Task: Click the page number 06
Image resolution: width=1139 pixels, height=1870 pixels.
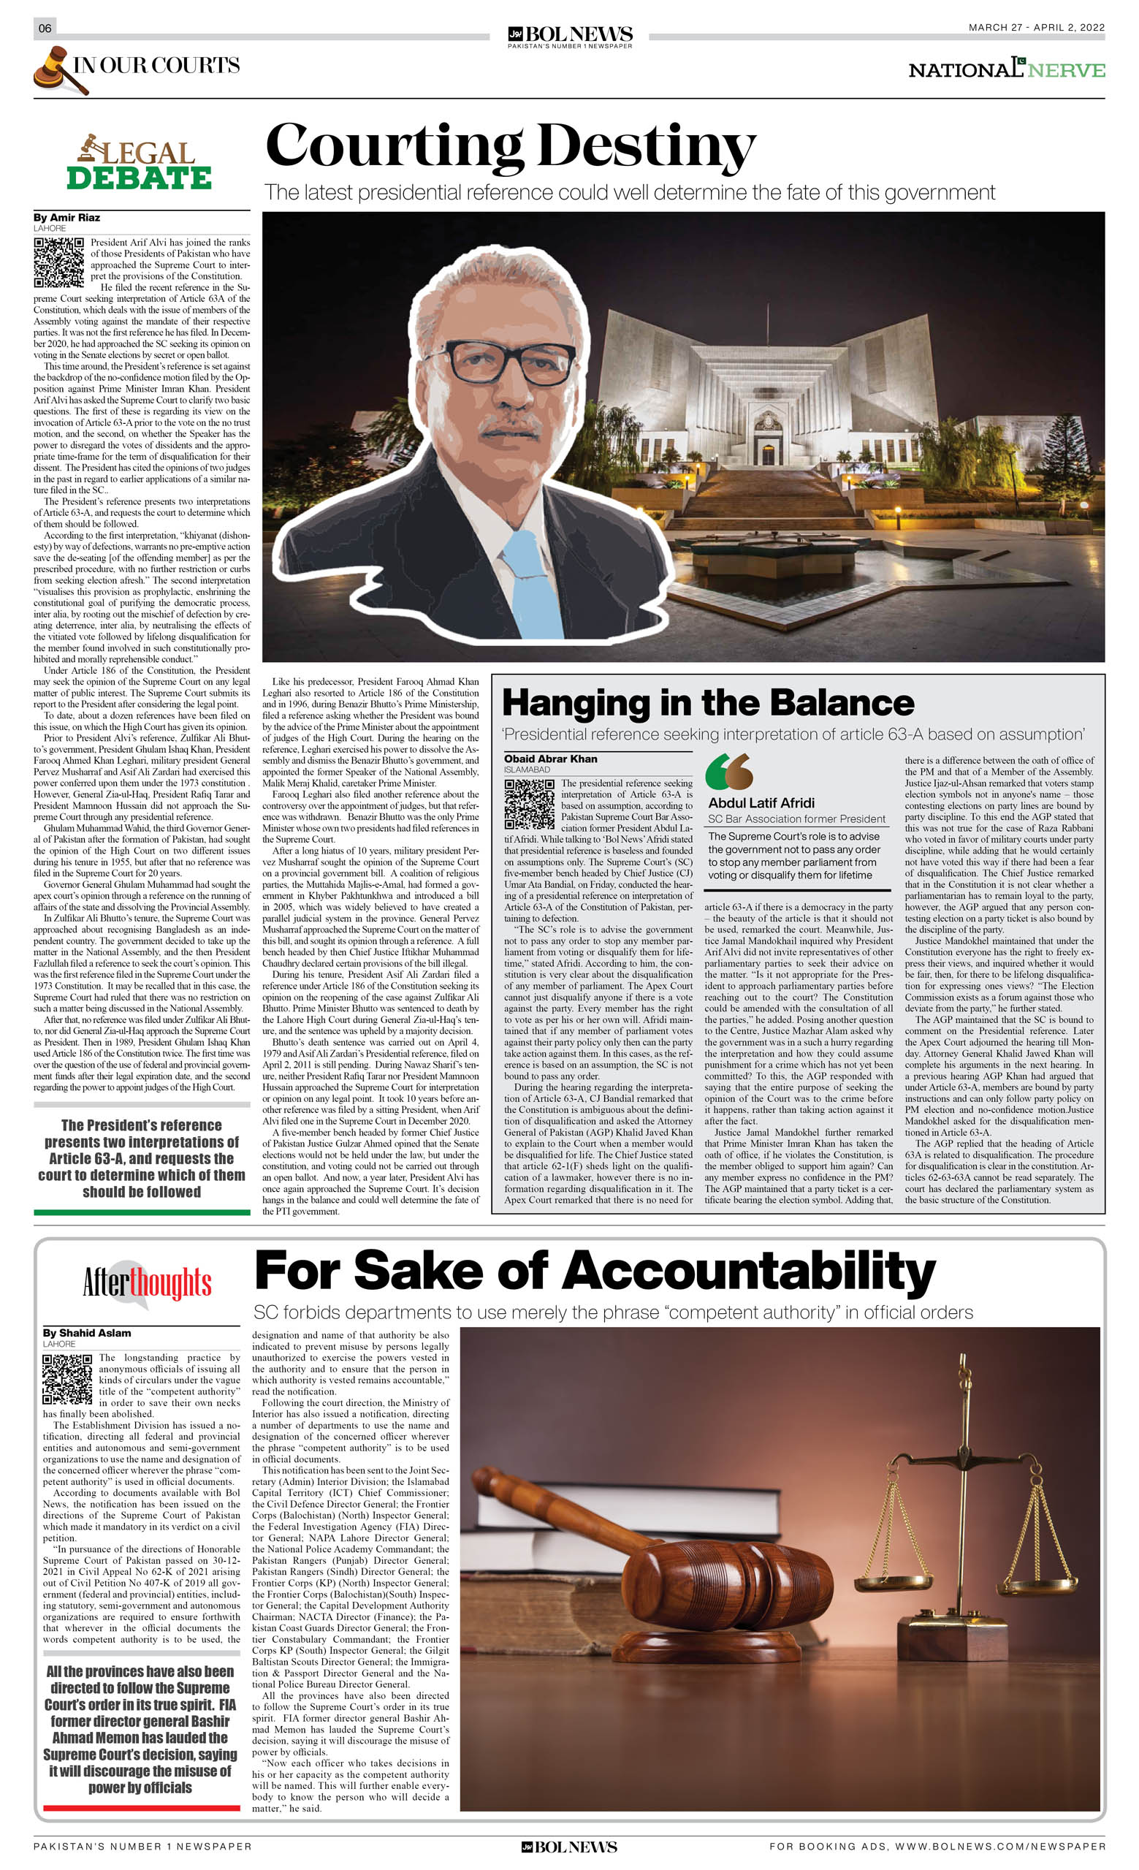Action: point(45,28)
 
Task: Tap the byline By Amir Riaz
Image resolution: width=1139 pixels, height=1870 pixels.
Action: point(66,218)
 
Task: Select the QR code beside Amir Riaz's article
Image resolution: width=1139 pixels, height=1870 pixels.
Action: point(58,262)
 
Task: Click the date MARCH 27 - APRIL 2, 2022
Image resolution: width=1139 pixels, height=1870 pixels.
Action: point(1036,27)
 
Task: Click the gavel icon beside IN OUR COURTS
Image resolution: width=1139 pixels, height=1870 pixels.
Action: point(58,70)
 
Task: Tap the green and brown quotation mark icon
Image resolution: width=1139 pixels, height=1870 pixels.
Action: point(728,772)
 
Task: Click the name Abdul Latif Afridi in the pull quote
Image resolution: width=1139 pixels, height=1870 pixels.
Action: point(761,803)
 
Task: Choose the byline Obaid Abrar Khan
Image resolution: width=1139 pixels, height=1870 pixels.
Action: point(550,759)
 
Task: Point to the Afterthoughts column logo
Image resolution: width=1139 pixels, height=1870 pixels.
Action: point(146,1284)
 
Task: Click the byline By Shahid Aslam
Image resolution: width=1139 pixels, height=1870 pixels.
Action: point(86,1333)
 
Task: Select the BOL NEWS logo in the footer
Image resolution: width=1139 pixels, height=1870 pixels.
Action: point(569,1847)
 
